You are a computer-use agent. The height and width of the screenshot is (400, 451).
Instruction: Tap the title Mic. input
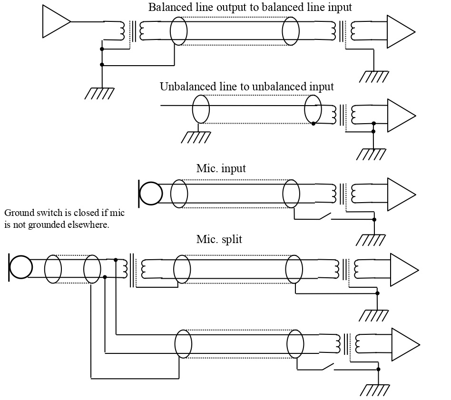click(221, 168)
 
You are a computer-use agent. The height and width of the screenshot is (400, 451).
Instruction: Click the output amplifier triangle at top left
click(56, 21)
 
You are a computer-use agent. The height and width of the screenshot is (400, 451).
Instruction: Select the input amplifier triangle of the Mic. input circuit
click(402, 195)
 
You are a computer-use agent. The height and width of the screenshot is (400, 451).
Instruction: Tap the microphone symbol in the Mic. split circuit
click(20, 267)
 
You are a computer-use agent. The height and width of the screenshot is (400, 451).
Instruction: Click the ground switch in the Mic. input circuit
click(325, 216)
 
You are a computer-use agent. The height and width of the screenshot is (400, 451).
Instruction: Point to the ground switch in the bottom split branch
click(328, 367)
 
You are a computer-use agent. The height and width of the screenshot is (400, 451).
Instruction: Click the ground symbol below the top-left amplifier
click(99, 93)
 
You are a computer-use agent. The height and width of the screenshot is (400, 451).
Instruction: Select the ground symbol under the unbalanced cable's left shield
click(196, 137)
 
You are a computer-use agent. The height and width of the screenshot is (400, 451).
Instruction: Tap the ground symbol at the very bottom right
click(375, 390)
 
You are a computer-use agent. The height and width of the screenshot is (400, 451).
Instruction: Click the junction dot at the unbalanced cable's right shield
click(313, 124)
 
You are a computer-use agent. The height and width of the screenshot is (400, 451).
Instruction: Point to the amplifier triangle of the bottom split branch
click(406, 345)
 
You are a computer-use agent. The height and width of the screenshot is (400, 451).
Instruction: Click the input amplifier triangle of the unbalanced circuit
click(402, 116)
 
